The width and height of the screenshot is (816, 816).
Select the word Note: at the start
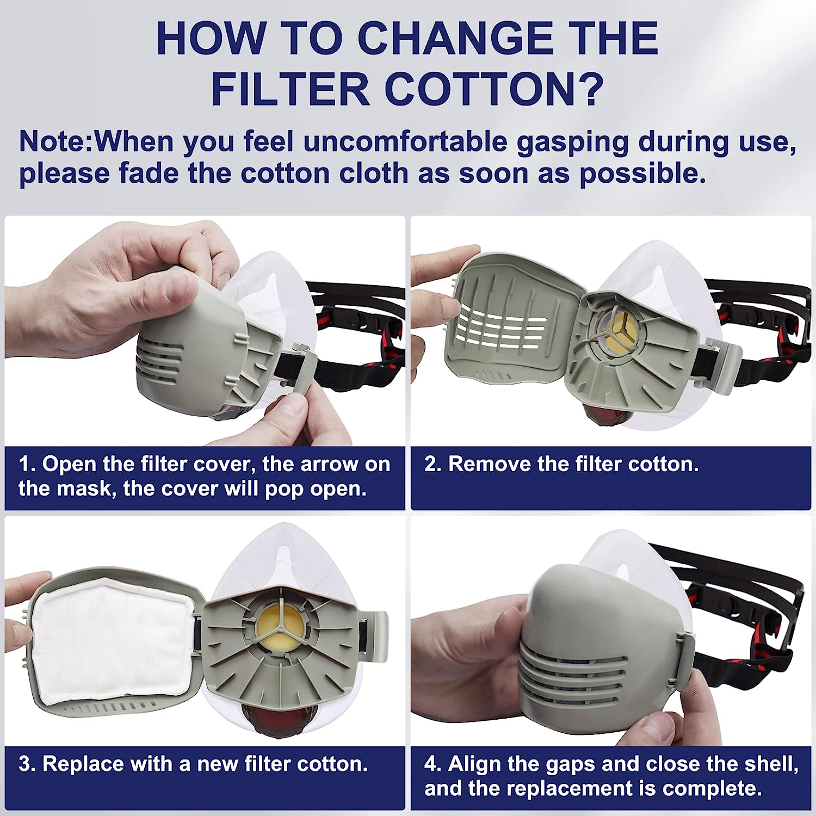tap(57, 141)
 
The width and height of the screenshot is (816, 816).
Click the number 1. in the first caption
tap(27, 464)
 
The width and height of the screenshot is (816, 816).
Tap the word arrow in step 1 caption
tap(310, 465)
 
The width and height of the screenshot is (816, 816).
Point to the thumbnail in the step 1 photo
tap(175, 287)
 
